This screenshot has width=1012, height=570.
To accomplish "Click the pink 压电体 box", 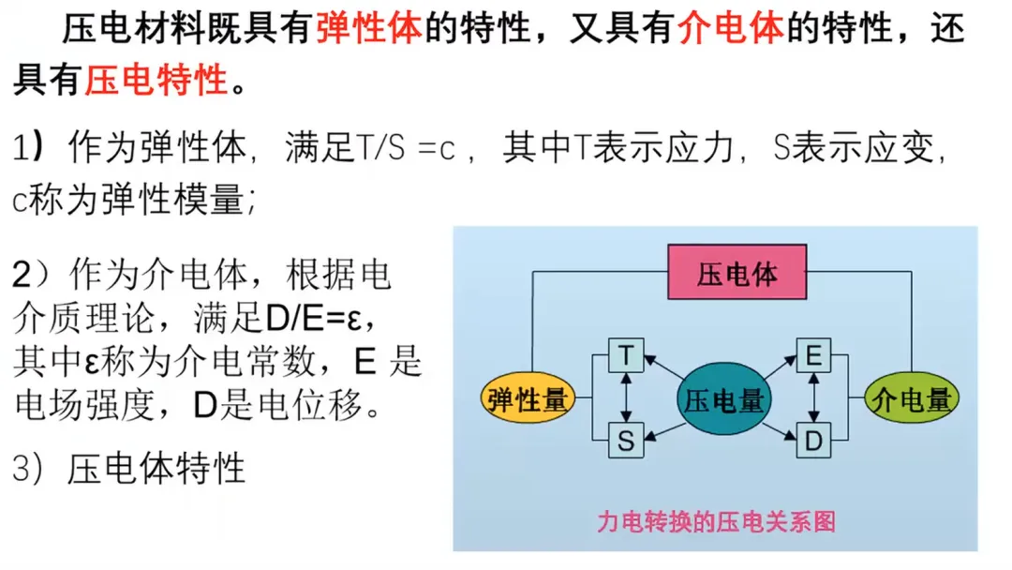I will [x=737, y=273].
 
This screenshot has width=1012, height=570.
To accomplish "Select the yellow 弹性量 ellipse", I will [x=528, y=400].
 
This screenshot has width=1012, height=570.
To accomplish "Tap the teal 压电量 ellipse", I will [x=720, y=401].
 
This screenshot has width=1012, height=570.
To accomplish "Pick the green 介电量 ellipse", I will [x=911, y=400].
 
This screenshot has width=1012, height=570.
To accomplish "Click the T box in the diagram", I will [x=626, y=355].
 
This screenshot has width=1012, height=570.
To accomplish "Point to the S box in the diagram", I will [x=626, y=441].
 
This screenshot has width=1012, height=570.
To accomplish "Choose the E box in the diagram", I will [x=813, y=355].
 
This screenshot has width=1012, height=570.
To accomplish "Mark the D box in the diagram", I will [x=813, y=441].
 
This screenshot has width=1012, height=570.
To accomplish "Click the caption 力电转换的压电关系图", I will [x=715, y=521].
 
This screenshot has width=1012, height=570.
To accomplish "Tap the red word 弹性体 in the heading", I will [x=370, y=30].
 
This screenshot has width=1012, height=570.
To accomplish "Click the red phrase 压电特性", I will [x=156, y=81].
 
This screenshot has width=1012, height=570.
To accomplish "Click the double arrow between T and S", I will [x=626, y=397].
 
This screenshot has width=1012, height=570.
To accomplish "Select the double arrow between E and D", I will [x=813, y=397].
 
